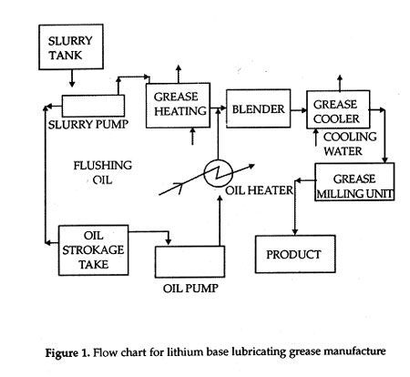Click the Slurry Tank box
[x=71, y=46]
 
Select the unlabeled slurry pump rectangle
[x=93, y=106]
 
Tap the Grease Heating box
[x=178, y=105]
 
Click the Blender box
[x=259, y=108]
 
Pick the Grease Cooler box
[x=338, y=109]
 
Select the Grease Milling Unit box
[x=354, y=181]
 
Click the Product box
[x=295, y=254]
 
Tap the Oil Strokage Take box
[x=94, y=250]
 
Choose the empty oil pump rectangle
[x=190, y=261]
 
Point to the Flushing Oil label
[x=103, y=173]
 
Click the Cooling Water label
[x=350, y=144]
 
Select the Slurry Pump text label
[x=88, y=125]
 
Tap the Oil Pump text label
[x=190, y=288]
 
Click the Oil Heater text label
[x=259, y=190]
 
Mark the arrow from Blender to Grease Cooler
[x=299, y=110]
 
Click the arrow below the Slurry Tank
[x=72, y=78]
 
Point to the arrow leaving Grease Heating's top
[x=179, y=74]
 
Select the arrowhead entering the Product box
[x=294, y=232]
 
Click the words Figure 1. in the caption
[x=67, y=353]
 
